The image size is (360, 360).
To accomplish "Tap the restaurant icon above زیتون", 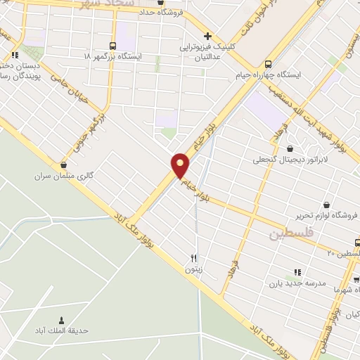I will [195, 257].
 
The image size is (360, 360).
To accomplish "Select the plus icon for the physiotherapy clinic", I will [207, 36].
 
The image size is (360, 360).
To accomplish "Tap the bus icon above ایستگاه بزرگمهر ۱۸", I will [114, 44].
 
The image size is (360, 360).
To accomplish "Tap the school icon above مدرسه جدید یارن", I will [297, 272].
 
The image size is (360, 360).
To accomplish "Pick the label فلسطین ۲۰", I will [345, 252].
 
